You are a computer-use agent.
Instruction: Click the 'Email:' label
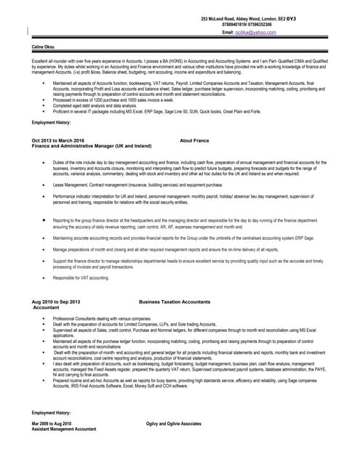click(228, 33)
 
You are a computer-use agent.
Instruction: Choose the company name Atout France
click(194, 139)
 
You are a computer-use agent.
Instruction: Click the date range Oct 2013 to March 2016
click(58, 139)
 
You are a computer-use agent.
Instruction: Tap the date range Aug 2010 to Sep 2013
click(56, 301)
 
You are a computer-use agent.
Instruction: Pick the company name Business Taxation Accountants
click(175, 301)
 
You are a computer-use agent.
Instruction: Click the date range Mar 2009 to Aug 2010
click(52, 423)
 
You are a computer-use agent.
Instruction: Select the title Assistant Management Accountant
click(64, 429)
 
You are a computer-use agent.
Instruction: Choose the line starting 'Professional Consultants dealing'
click(102, 319)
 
